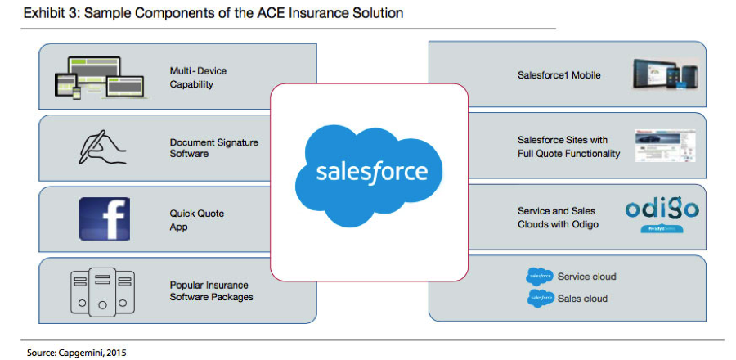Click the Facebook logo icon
pyautogui.click(x=104, y=218)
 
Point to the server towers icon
pyautogui.click(x=102, y=290)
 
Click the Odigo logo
pyautogui.click(x=662, y=211)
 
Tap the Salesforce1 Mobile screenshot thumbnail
pyautogui.click(x=665, y=76)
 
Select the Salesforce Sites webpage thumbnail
pyautogui.click(x=665, y=147)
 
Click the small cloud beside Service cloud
pyautogui.click(x=541, y=277)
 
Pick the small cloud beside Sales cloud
pyautogui.click(x=541, y=299)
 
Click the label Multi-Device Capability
pyautogui.click(x=198, y=78)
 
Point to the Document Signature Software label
pyautogui.click(x=213, y=148)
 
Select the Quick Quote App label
pyautogui.click(x=196, y=220)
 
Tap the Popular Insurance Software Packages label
pyautogui.click(x=211, y=290)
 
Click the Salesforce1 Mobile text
pyautogui.click(x=559, y=75)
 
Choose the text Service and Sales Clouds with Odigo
pyautogui.click(x=559, y=218)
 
